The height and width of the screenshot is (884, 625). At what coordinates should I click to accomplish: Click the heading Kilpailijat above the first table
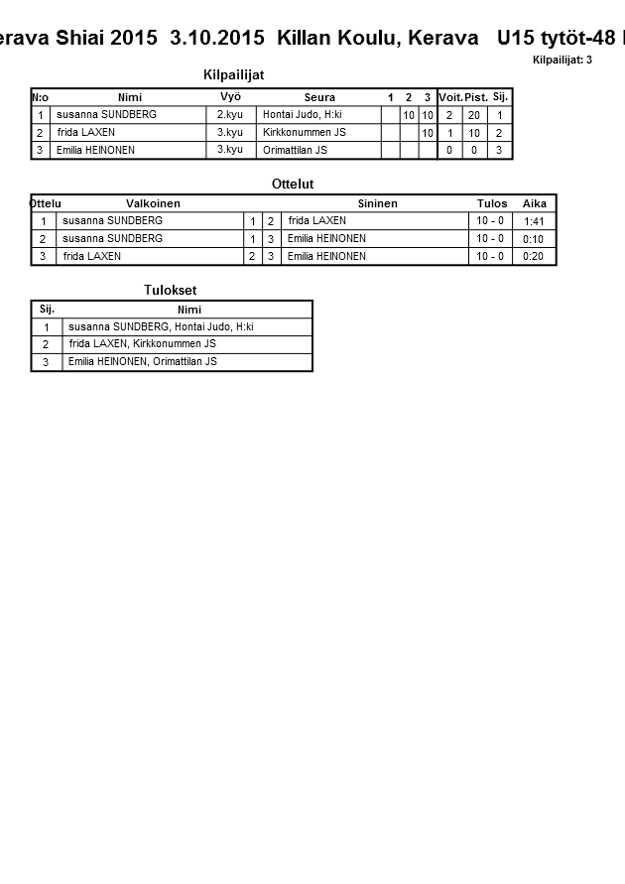(x=233, y=75)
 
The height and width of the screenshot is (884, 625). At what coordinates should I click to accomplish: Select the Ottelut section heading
(x=293, y=185)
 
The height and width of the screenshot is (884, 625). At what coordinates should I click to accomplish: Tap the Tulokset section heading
(x=171, y=290)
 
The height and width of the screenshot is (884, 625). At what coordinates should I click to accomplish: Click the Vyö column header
(x=230, y=97)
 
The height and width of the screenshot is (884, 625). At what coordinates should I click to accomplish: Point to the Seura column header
(x=319, y=97)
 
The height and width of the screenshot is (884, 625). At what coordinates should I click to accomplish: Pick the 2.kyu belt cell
(x=230, y=115)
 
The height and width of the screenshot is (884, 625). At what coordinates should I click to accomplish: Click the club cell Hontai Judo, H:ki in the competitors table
(x=303, y=115)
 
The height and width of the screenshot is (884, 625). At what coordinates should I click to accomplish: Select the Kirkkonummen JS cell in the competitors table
(x=305, y=133)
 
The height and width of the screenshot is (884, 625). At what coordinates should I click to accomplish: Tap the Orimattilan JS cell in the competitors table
(x=295, y=151)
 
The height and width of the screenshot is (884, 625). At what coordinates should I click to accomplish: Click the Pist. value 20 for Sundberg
(x=474, y=115)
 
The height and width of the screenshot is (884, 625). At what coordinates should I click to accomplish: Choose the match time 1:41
(x=534, y=221)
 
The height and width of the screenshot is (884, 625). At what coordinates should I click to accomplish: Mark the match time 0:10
(x=534, y=239)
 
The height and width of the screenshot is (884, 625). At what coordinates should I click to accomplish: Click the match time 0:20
(x=534, y=257)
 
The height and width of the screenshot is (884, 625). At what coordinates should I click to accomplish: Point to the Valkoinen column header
(x=153, y=203)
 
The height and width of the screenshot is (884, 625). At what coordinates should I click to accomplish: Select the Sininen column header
(x=377, y=203)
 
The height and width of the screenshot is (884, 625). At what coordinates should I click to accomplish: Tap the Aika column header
(x=535, y=203)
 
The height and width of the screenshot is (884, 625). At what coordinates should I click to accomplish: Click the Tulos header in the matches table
(x=492, y=203)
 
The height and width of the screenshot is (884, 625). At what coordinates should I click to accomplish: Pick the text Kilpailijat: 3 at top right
(x=562, y=60)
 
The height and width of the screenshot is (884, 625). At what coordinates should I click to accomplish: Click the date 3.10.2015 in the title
(x=217, y=38)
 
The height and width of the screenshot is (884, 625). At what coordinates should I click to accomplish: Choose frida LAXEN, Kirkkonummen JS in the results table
(x=143, y=344)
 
